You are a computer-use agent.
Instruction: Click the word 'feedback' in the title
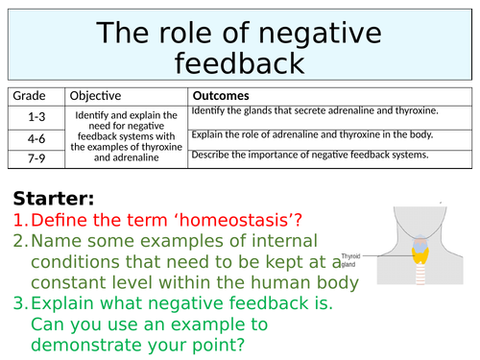241,63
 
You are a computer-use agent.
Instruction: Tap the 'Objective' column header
95,96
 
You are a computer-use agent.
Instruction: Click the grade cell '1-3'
36,114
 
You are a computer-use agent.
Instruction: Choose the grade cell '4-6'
36,137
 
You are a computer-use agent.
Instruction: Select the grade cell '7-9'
36,158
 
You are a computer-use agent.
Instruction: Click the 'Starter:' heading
54,199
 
